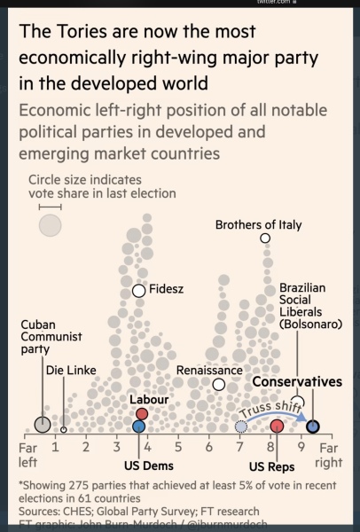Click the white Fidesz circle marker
pyautogui.click(x=138, y=290)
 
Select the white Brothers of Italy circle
pyautogui.click(x=264, y=239)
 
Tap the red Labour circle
pyautogui.click(x=142, y=414)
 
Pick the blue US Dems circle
pyautogui.click(x=138, y=426)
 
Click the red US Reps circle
pyautogui.click(x=277, y=426)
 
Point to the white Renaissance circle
pyautogui.click(x=219, y=384)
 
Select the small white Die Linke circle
pyautogui.click(x=63, y=429)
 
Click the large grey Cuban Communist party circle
pyautogui.click(x=42, y=424)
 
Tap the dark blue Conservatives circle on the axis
pyautogui.click(x=312, y=426)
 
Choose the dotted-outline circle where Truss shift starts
pyautogui.click(x=241, y=426)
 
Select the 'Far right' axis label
pyautogui.click(x=327, y=455)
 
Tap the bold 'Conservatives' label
pyautogui.click(x=297, y=382)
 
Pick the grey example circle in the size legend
pyautogui.click(x=50, y=225)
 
